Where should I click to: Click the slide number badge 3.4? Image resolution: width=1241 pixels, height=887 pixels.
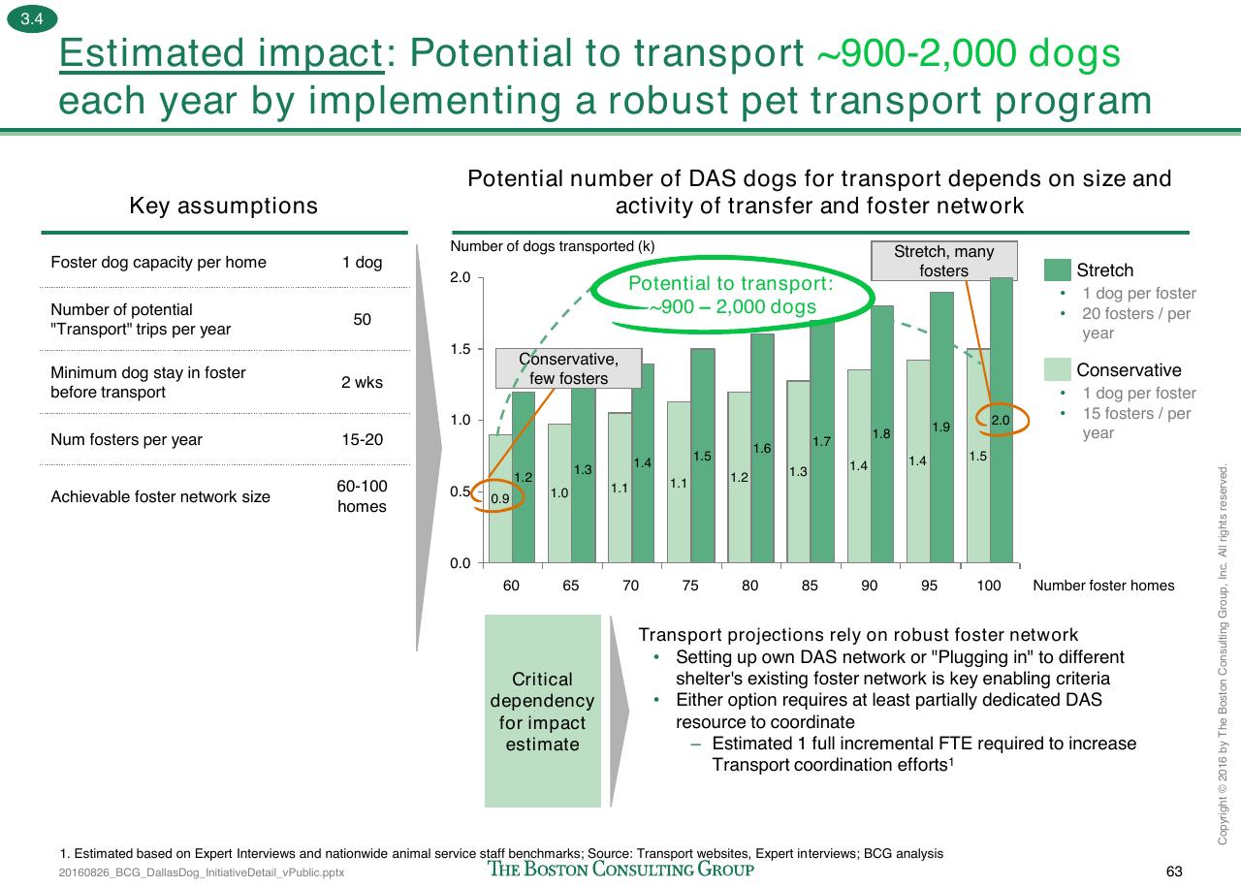[32, 18]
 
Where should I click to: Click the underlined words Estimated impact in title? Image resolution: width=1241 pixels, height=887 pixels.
[222, 53]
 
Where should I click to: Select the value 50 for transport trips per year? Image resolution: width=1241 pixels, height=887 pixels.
[362, 319]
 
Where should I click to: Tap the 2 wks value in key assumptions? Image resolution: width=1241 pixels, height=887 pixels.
[362, 382]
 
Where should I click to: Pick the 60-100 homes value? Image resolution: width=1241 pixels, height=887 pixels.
[362, 496]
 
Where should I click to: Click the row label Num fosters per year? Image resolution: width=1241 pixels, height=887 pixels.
[126, 439]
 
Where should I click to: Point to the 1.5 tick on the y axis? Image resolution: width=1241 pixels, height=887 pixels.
[461, 349]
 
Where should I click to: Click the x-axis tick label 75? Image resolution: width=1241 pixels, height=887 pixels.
[690, 586]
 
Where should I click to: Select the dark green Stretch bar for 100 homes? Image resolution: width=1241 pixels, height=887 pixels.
[1002, 420]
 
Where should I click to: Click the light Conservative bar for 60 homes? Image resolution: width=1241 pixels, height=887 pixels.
[500, 498]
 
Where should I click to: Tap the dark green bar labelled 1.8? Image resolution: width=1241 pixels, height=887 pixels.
[882, 434]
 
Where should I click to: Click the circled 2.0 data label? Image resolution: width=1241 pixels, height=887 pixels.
[1000, 420]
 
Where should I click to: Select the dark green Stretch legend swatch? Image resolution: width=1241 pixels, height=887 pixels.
[1057, 269]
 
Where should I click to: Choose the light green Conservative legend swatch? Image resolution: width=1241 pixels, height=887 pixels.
[1057, 369]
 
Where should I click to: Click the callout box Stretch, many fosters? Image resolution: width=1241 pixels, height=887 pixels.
[944, 261]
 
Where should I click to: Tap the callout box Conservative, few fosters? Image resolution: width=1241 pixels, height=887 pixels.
[568, 368]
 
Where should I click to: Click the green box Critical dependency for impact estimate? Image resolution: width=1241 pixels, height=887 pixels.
[542, 711]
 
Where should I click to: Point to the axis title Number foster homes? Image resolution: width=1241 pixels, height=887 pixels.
[1103, 586]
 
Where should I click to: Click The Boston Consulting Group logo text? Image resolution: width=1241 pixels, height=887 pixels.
[620, 869]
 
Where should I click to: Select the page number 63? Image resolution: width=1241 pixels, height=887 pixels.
[1174, 871]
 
